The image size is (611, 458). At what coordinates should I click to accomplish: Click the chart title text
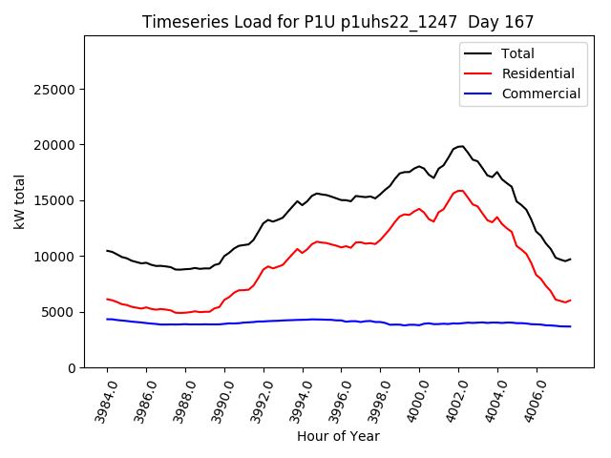click(338, 22)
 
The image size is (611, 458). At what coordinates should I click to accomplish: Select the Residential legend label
click(537, 73)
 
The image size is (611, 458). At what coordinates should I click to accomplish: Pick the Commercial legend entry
click(540, 94)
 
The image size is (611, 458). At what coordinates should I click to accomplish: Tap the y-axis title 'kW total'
click(19, 201)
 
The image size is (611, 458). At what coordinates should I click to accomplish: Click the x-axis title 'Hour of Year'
click(338, 436)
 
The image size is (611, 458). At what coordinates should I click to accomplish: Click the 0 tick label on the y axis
click(72, 367)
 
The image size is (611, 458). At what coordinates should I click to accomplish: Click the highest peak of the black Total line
click(462, 146)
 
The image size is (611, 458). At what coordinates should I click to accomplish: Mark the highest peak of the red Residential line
click(462, 190)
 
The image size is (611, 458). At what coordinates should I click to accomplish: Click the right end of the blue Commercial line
click(570, 326)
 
